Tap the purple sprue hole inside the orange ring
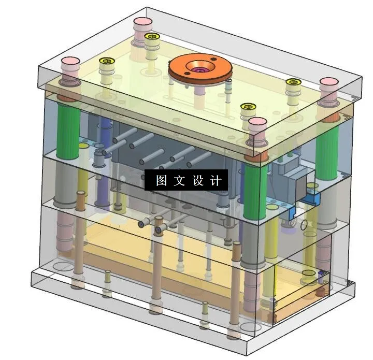198,69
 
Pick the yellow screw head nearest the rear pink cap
152,37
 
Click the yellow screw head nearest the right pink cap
293,82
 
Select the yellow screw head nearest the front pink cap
249,107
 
